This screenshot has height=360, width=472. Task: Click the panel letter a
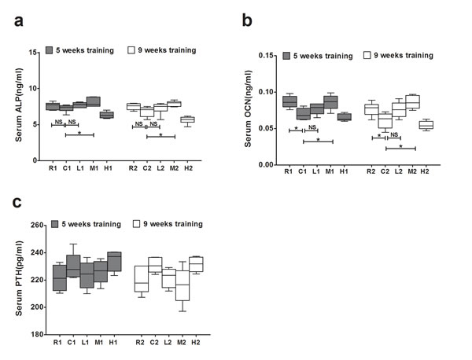coord(19,21)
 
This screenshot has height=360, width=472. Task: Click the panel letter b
coord(247,20)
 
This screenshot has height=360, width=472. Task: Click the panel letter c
coord(17,203)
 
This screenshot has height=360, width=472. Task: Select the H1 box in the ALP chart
coord(107,115)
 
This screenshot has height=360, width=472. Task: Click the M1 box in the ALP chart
coord(94,101)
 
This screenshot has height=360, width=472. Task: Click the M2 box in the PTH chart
coord(183,285)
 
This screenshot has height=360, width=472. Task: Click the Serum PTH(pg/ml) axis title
coord(19,278)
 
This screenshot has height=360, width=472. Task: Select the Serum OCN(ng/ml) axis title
coord(248,108)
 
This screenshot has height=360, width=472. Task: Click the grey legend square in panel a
coord(49,50)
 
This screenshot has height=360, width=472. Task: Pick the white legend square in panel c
coord(137,224)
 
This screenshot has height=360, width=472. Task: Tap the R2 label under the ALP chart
coord(133,168)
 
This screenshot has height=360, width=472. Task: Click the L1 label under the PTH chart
coord(85,342)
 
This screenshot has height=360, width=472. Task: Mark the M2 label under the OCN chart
coord(412,171)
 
